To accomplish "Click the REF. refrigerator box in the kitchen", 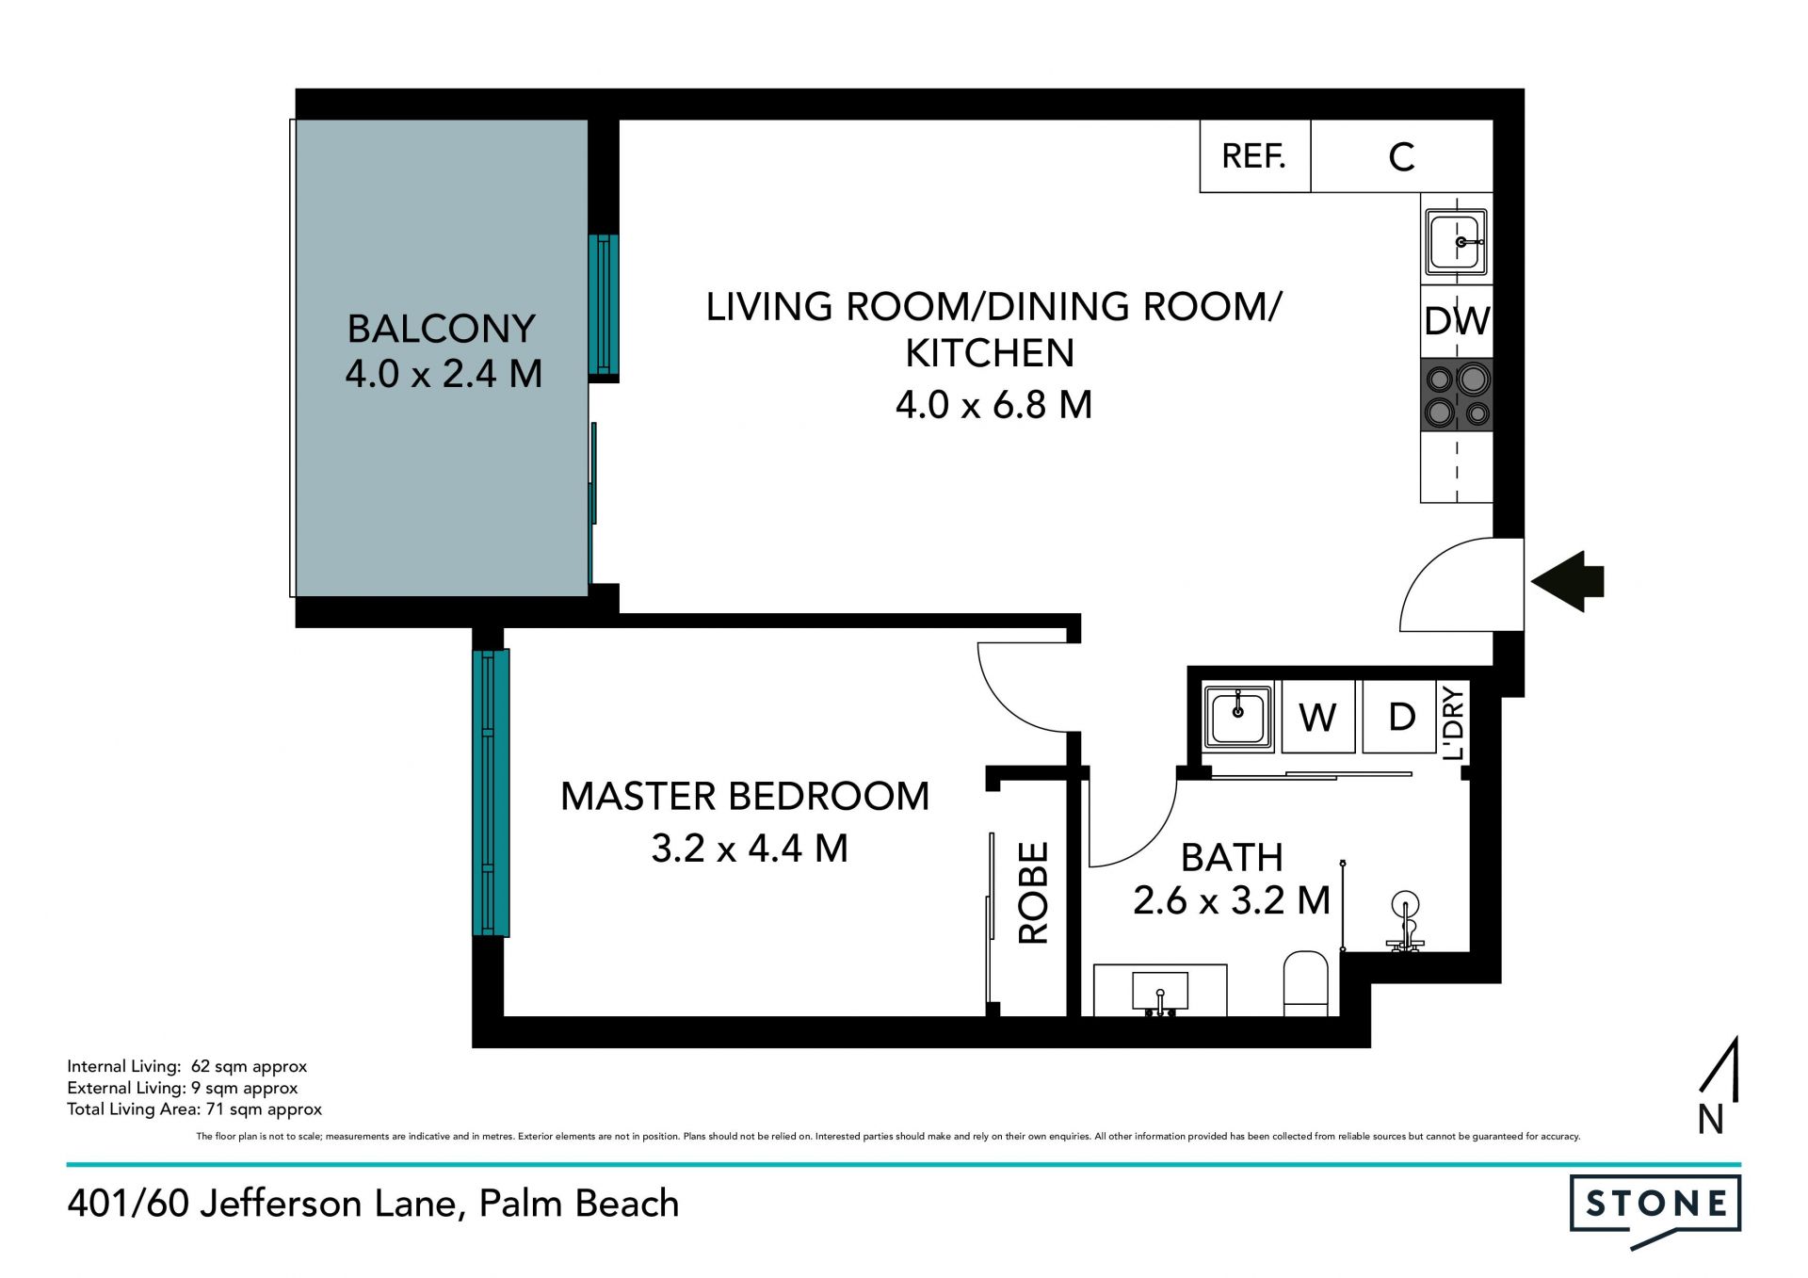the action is click(x=1255, y=156).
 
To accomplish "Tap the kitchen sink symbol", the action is click(x=1457, y=242).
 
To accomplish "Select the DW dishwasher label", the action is click(x=1457, y=321).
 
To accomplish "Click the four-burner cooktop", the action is click(x=1457, y=396).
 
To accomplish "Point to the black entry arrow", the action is click(x=1568, y=581).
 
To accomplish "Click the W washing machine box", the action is click(x=1318, y=718).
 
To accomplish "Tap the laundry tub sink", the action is click(x=1238, y=717).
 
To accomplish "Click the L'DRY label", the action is click(x=1453, y=722).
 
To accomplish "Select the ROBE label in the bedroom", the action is click(x=1033, y=893).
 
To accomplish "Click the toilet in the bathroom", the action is click(x=1306, y=983).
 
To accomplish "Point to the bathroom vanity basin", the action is click(x=1160, y=991).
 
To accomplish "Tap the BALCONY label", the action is click(x=442, y=329).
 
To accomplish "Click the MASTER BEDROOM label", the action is click(x=745, y=797).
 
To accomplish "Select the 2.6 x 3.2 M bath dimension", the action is click(x=1232, y=901).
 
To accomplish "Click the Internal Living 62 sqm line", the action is click(x=187, y=1067).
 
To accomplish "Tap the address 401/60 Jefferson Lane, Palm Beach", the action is click(x=373, y=1204).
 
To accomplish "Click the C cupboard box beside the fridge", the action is click(x=1402, y=156).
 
